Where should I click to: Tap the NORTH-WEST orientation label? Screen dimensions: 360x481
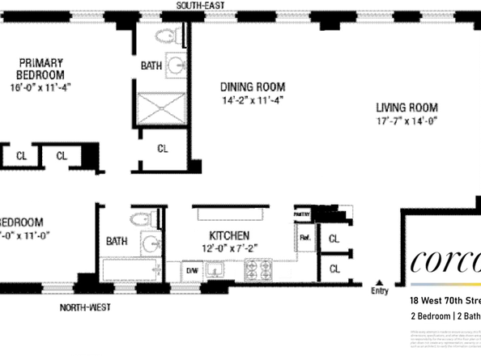pyautogui.click(x=84, y=307)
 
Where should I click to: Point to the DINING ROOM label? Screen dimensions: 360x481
pyautogui.click(x=253, y=87)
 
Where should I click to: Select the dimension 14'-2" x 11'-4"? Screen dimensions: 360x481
pyautogui.click(x=253, y=100)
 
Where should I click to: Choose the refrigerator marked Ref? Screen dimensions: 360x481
pyautogui.click(x=305, y=239)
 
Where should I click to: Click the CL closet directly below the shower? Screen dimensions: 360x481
pyautogui.click(x=162, y=149)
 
